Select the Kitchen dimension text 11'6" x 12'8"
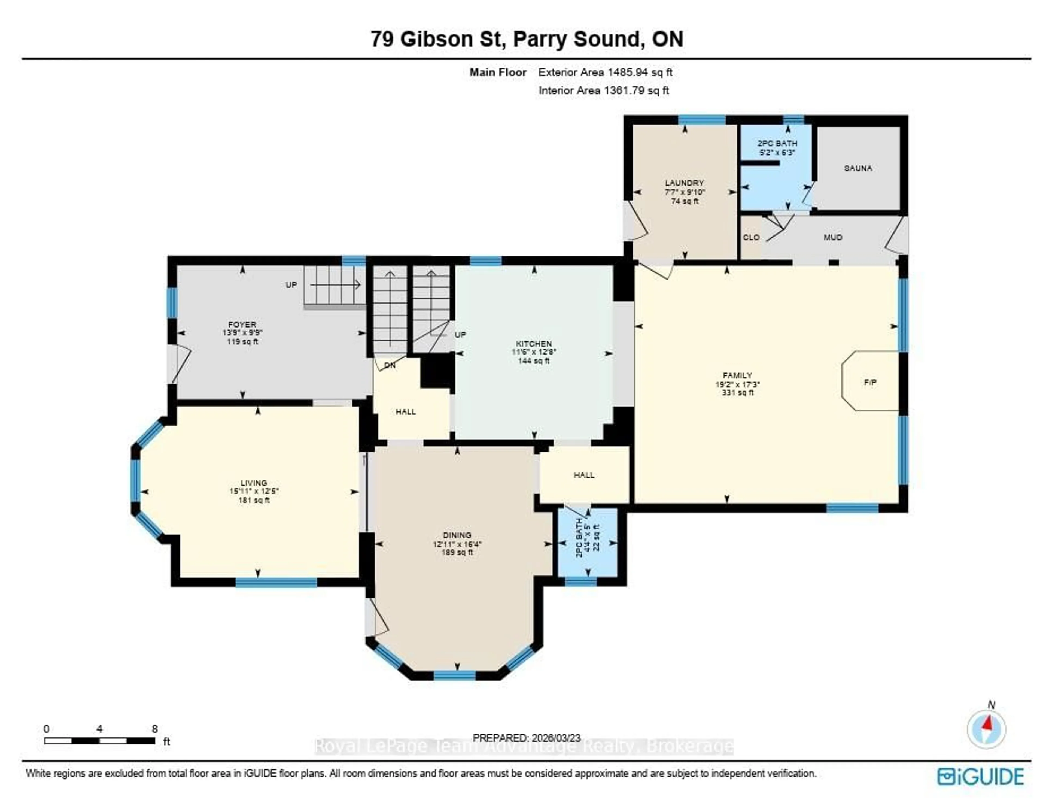click(x=534, y=352)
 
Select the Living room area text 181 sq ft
click(x=254, y=500)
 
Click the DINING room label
click(x=457, y=535)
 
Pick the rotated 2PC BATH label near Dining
click(x=579, y=538)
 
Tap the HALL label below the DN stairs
click(x=406, y=411)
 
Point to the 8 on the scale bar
click(x=155, y=729)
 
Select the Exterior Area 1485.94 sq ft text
click(x=605, y=72)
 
